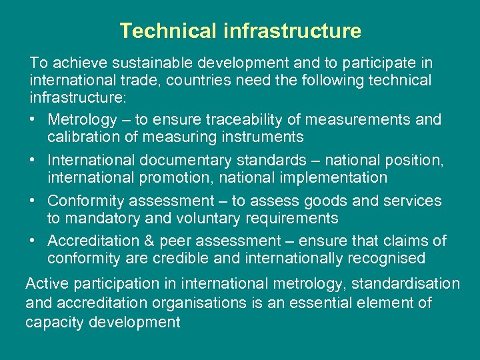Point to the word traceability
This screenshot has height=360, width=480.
(244, 120)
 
